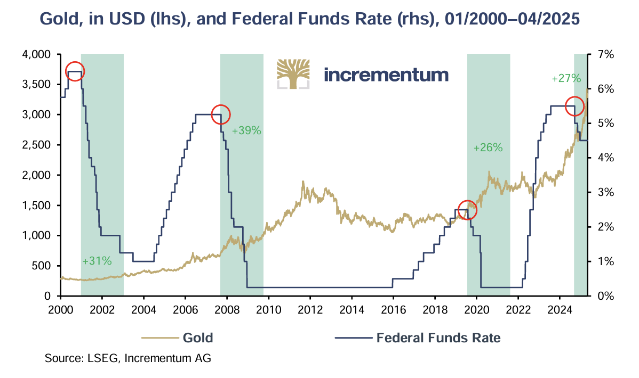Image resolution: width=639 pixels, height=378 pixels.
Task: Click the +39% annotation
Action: pos(246,130)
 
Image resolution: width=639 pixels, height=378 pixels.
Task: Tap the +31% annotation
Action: pos(97,261)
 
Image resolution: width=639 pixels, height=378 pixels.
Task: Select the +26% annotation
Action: pos(488,148)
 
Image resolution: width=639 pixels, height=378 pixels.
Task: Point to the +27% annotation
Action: pos(565,78)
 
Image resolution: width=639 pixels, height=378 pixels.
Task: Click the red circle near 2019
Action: pos(467,210)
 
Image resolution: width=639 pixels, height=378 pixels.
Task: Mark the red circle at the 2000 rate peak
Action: pos(75,71)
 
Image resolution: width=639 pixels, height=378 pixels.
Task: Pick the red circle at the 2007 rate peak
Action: pos(220,114)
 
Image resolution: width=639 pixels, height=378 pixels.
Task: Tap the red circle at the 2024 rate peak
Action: pos(574,106)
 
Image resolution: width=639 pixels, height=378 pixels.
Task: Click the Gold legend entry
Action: pos(198,338)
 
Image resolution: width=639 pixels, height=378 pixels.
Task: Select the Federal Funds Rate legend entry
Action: pos(438,338)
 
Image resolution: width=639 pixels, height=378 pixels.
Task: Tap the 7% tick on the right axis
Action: pos(605,55)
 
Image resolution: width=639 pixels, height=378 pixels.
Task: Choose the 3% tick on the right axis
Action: pos(605,192)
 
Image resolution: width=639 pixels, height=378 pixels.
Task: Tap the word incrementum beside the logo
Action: pos(386,74)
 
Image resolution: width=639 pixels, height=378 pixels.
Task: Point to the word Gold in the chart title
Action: pos(63,20)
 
